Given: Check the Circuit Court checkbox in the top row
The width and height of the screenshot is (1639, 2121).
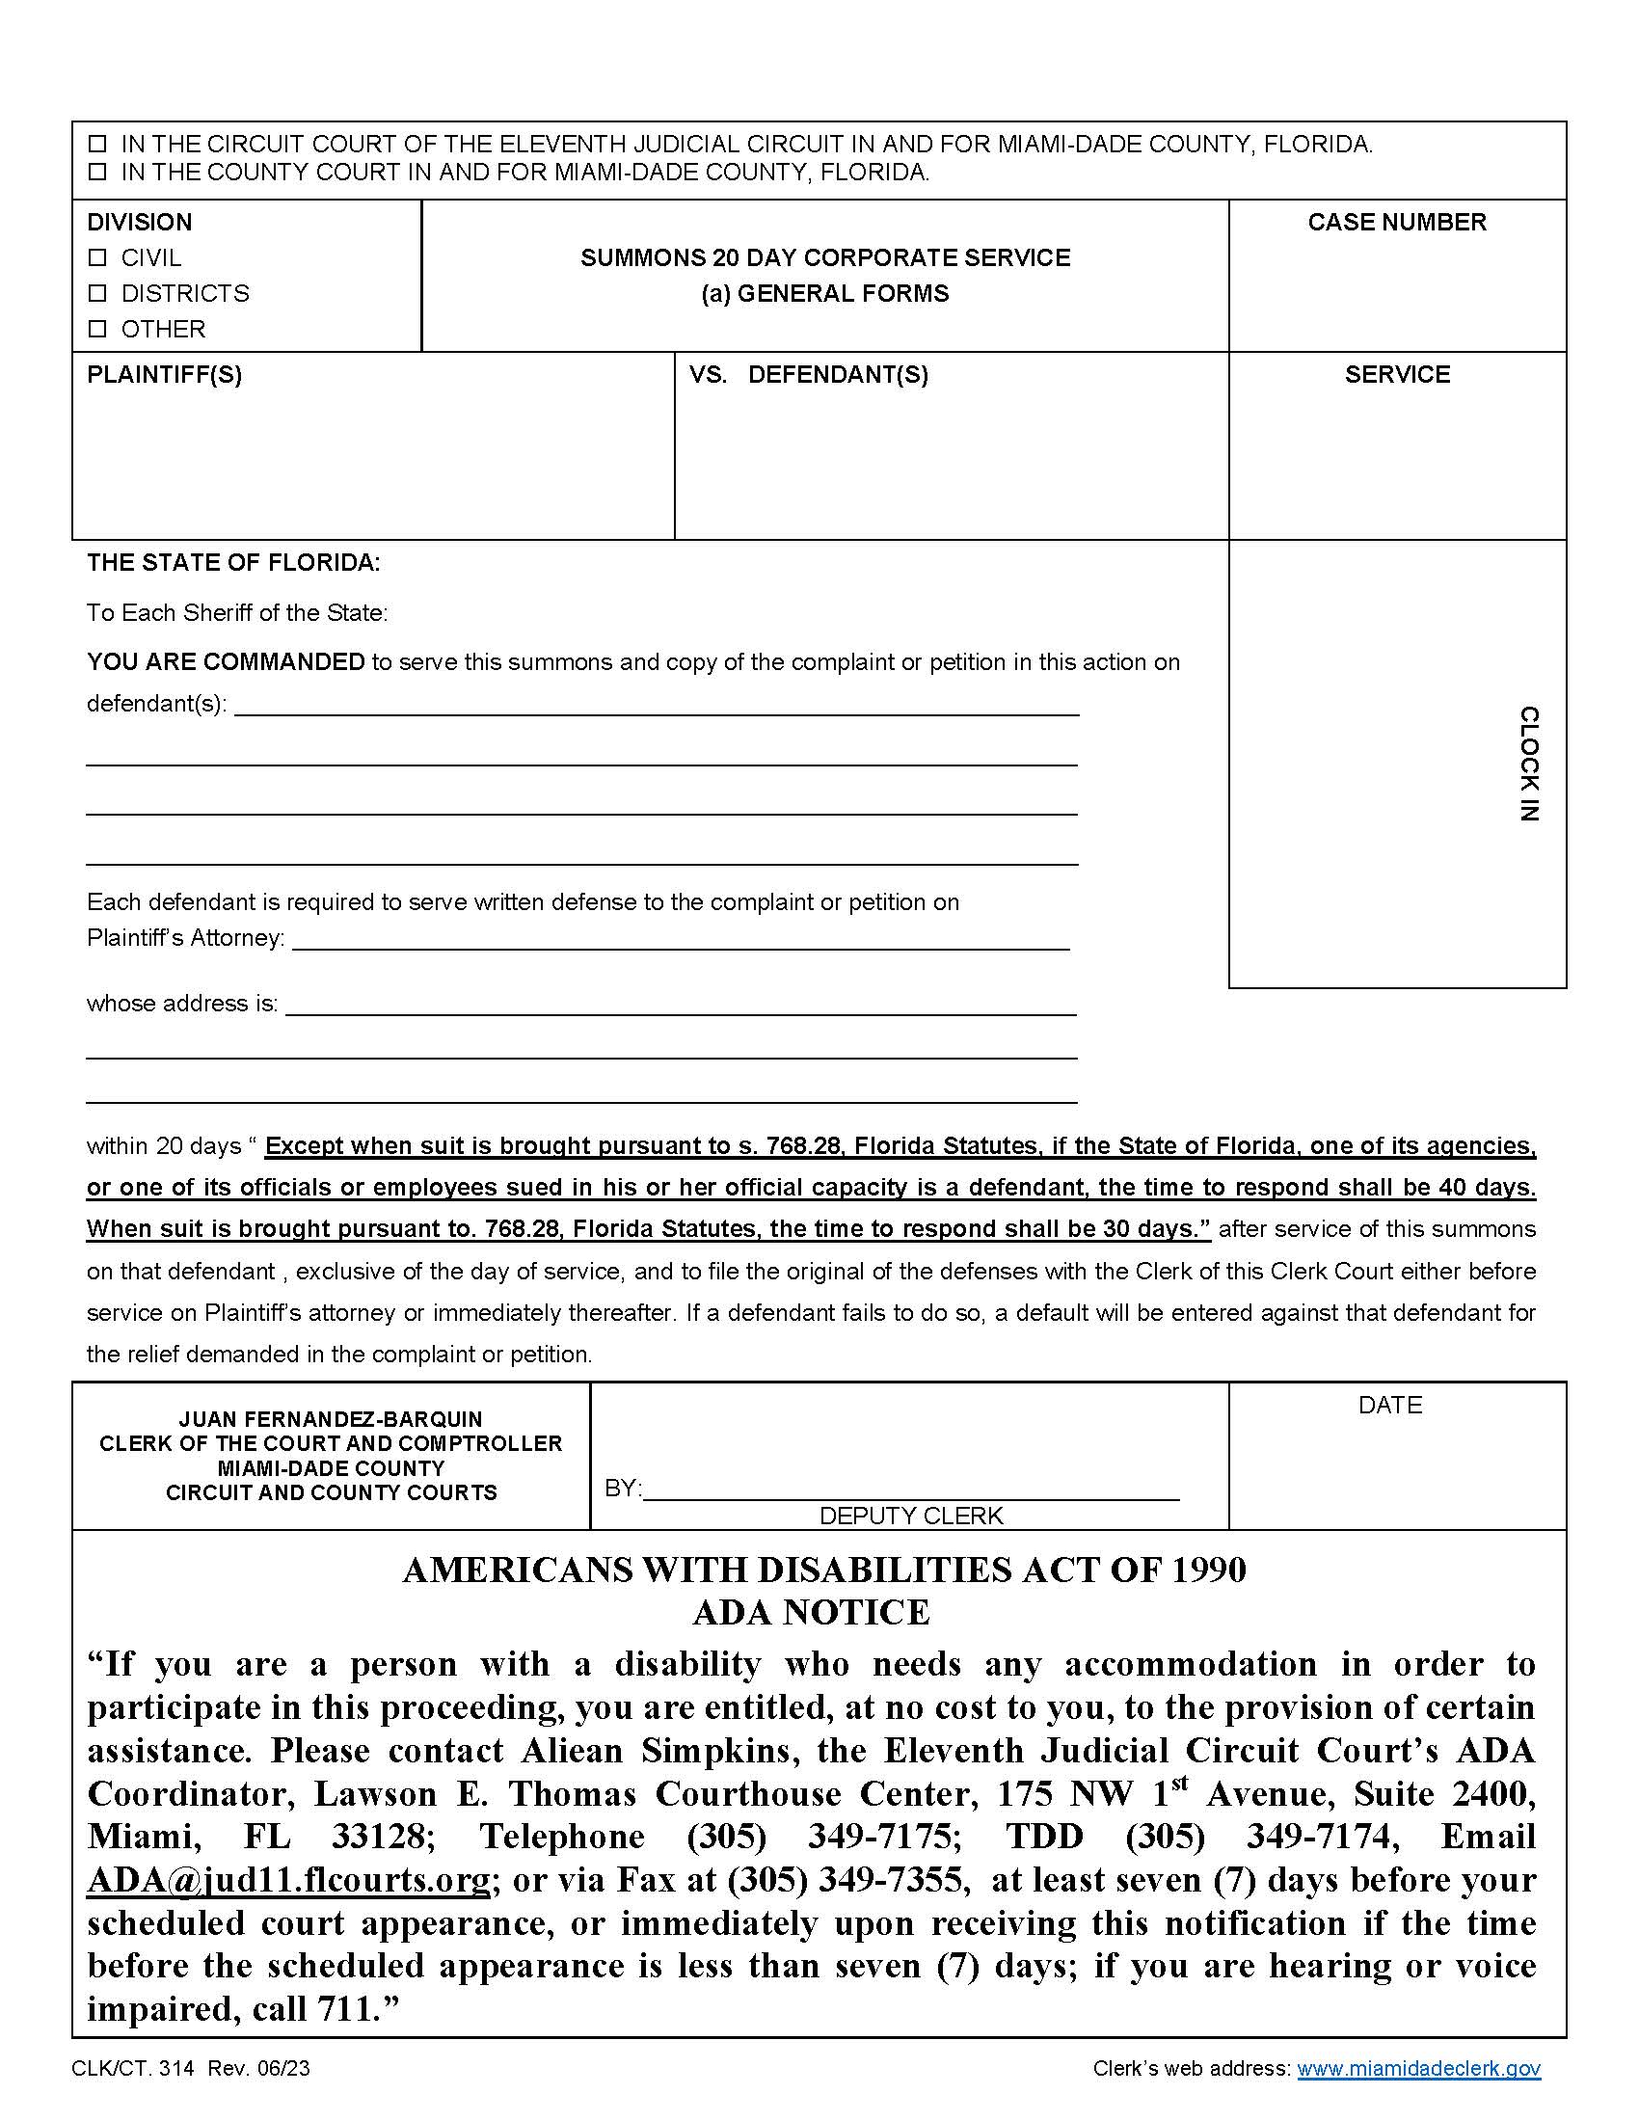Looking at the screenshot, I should [97, 145].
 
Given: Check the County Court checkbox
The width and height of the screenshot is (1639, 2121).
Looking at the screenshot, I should [97, 173].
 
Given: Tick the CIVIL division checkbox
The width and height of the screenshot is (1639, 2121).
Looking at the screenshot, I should [97, 258].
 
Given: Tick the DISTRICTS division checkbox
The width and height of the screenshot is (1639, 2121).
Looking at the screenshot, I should [97, 293].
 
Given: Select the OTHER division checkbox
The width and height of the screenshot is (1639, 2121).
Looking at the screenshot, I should [97, 329].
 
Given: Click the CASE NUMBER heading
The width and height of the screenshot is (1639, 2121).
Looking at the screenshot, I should [1396, 223].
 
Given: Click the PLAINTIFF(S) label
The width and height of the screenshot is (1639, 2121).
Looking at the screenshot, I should [164, 375].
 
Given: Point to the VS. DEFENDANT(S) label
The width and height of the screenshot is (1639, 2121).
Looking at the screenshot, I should [808, 375].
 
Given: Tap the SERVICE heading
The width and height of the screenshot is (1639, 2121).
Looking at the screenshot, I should [1396, 375].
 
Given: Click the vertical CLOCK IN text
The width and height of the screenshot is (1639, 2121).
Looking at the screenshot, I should [1528, 765].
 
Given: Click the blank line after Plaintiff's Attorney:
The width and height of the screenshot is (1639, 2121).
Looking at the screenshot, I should [680, 939].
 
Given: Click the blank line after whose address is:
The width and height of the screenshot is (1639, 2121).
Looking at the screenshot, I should [680, 1006].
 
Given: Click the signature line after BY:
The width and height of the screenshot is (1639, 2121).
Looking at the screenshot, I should [911, 1490].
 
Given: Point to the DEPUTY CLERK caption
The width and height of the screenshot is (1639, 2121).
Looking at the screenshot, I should [911, 1516].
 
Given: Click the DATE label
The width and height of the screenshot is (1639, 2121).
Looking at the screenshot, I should [1389, 1406].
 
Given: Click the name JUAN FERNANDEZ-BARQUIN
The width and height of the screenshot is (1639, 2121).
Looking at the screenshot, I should [330, 1419].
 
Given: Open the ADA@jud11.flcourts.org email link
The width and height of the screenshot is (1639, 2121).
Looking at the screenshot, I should [288, 1880].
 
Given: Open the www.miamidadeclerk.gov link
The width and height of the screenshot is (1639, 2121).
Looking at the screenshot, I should [1417, 2069].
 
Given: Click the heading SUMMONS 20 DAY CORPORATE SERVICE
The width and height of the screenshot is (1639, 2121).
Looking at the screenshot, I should [824, 258].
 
